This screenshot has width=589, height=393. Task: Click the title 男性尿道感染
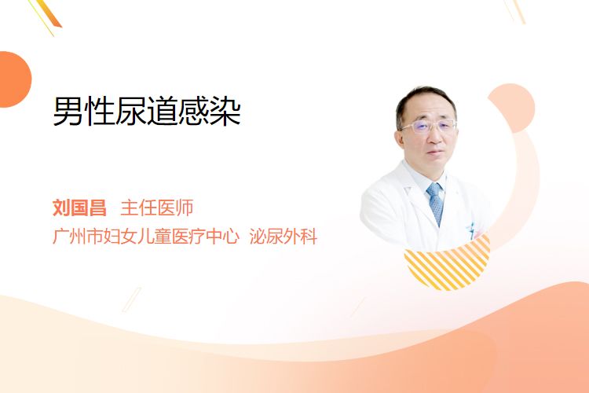pos(147,112)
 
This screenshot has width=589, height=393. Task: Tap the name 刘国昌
pos(79,208)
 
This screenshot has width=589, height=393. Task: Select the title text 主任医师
pos(157,208)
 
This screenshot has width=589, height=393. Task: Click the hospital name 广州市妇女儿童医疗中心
pos(146,236)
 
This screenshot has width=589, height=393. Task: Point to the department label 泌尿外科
pos(284,236)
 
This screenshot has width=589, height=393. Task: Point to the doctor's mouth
pos(435,152)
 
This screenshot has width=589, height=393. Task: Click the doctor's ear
pos(401,139)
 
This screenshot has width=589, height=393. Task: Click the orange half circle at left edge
pos(15,79)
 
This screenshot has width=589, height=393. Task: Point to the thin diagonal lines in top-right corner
pos(515,11)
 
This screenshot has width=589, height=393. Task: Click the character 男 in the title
pos(68,112)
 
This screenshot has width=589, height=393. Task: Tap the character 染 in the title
pos(225,112)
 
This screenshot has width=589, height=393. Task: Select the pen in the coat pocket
pos(470,230)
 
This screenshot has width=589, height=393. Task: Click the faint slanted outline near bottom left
pos(132,299)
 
